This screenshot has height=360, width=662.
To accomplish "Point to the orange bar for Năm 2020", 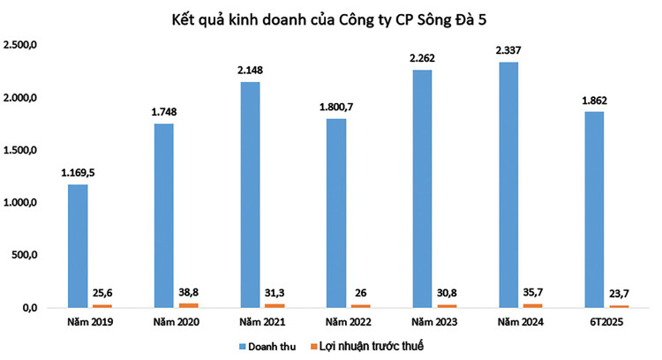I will [x=188, y=304].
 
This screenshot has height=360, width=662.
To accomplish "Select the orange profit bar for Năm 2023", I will [x=448, y=305].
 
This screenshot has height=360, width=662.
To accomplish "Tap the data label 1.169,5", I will [x=77, y=173].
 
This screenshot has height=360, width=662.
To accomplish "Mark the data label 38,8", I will [x=190, y=290].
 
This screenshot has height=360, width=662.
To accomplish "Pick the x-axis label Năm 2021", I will [x=249, y=323].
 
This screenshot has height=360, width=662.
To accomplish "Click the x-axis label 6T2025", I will [x=595, y=323].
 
